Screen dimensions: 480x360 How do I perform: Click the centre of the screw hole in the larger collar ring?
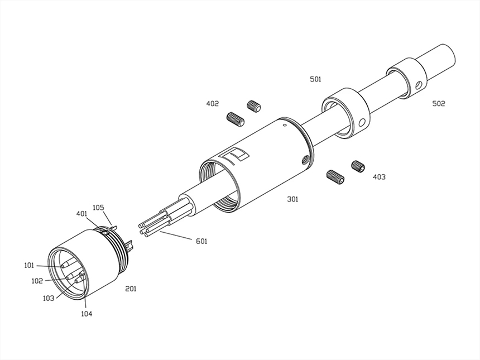(x=362, y=123)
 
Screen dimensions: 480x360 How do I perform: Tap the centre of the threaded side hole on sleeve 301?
(x=305, y=159)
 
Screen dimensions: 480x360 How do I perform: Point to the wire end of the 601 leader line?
(x=160, y=232)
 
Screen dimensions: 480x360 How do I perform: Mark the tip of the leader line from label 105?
(x=112, y=226)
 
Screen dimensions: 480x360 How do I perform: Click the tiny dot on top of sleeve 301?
(x=285, y=125)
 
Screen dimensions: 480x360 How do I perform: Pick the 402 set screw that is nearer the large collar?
(x=254, y=105)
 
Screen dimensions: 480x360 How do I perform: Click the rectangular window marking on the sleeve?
(x=237, y=155)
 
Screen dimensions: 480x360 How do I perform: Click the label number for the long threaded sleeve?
(x=292, y=199)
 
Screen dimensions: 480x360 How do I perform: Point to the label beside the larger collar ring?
(x=315, y=79)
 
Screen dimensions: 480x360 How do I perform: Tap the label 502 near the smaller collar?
(x=438, y=104)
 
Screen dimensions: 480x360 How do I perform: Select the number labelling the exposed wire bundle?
(x=201, y=241)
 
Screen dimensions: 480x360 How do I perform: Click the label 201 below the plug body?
(x=131, y=289)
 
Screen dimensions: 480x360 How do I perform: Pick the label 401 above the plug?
(x=81, y=214)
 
